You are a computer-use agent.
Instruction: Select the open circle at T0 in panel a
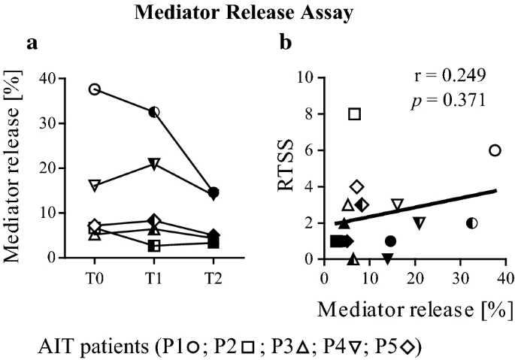pos(95,89)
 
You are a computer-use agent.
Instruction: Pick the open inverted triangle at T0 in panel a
pos(95,185)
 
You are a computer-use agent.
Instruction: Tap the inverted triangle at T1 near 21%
pos(154,164)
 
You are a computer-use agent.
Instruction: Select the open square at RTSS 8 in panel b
pos(355,114)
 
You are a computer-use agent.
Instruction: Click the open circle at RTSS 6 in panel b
pos(494,150)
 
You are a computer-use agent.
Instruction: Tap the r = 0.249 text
pos(450,75)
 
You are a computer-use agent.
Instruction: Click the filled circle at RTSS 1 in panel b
pos(390,241)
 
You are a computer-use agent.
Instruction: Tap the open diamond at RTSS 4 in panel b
pos(357,186)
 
